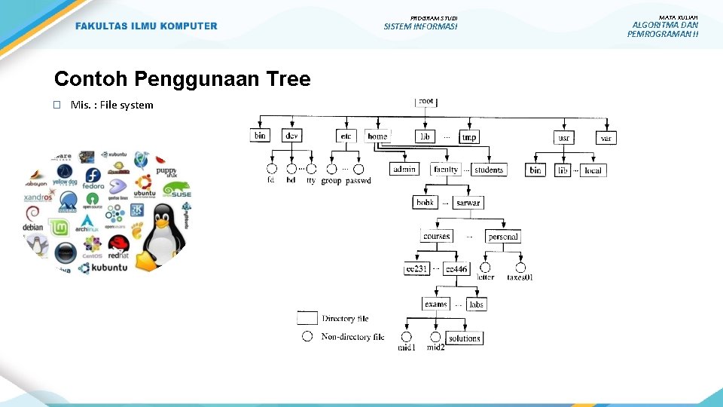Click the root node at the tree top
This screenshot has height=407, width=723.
(x=426, y=102)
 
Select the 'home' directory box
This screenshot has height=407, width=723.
(x=378, y=136)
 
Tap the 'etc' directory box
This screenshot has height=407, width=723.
(x=346, y=136)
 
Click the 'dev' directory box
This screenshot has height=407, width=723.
(x=292, y=136)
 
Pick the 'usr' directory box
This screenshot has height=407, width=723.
(x=564, y=138)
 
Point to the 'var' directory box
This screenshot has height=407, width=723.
(x=607, y=138)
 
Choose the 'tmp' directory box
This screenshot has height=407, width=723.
(x=469, y=137)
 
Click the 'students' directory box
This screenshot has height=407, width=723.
(x=489, y=170)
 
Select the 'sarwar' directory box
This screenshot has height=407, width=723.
(x=468, y=203)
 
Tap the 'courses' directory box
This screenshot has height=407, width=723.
(x=437, y=237)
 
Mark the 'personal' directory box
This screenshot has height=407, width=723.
(x=503, y=237)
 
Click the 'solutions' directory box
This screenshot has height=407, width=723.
(x=464, y=338)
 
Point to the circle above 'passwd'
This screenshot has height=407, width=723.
(x=358, y=170)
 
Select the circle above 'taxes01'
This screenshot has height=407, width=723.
(x=520, y=268)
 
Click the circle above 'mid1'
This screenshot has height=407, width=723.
(x=407, y=337)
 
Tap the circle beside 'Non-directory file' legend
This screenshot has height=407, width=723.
(x=307, y=337)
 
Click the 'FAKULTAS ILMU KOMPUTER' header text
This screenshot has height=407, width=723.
(x=146, y=26)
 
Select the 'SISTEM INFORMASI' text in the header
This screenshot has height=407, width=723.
(x=420, y=27)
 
